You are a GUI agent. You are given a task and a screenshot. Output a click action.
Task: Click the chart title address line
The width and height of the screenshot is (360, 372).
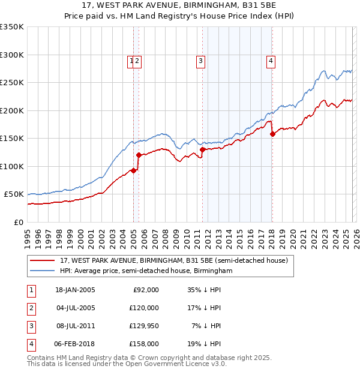[179, 6]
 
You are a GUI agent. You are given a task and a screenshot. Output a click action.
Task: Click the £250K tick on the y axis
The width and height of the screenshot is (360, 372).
[12, 83]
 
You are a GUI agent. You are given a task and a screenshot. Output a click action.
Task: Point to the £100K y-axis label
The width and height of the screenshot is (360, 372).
[12, 166]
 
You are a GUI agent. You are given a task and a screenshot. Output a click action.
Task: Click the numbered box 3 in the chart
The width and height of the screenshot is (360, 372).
[200, 60]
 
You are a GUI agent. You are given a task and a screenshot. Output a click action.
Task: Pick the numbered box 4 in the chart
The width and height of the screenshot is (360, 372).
[271, 60]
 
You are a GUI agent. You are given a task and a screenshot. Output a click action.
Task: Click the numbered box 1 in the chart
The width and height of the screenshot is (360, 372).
[131, 60]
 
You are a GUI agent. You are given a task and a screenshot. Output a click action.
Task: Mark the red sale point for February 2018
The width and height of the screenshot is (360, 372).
[272, 134]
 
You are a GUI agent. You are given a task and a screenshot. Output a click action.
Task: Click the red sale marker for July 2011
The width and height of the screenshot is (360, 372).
[203, 149]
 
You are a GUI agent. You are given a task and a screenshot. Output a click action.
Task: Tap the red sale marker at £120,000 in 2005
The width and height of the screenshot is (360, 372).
[139, 155]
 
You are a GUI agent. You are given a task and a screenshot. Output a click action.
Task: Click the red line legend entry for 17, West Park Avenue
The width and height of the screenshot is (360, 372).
[174, 261]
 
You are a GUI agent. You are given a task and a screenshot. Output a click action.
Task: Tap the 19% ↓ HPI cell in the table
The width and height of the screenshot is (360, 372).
[203, 344]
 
